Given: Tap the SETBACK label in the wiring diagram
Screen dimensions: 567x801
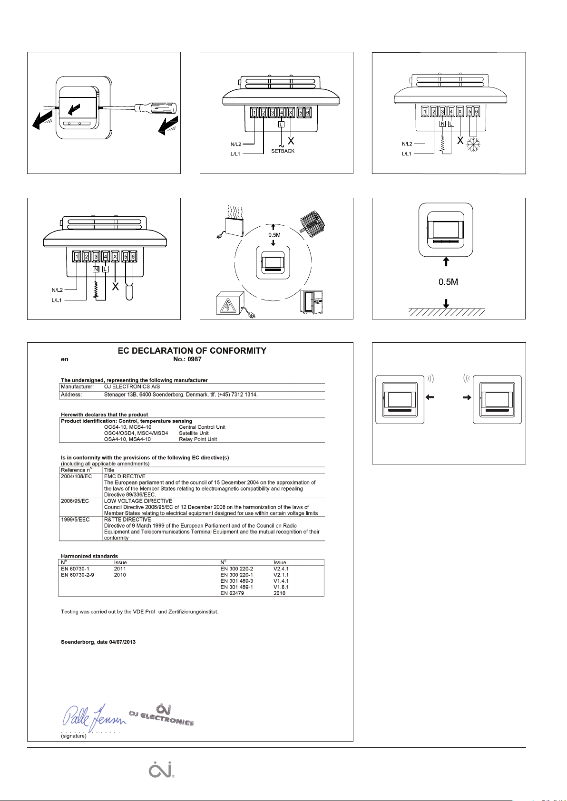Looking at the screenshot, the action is point(283,151).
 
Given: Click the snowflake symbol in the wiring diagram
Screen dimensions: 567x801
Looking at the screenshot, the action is point(473,145).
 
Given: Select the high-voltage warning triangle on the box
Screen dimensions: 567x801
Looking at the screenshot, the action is point(227,306).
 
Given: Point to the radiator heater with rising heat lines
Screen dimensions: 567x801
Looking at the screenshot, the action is point(233,222).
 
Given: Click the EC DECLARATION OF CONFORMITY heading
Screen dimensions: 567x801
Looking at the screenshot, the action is point(192,351).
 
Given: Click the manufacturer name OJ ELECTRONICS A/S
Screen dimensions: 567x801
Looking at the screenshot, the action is point(132,386).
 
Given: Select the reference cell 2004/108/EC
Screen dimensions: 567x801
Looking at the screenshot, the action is point(76,476).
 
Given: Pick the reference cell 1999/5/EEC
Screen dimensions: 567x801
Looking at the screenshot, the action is point(75,519).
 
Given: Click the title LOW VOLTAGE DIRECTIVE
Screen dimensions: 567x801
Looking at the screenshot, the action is point(138,501).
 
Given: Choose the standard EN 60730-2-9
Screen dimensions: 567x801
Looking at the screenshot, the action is point(77,575).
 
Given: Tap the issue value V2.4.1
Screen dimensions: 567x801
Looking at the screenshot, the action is point(281,569).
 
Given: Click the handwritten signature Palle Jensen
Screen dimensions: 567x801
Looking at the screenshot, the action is point(94,717).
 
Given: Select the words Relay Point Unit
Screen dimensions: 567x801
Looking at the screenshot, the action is point(198,439).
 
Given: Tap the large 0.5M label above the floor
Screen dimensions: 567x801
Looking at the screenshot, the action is point(448,282).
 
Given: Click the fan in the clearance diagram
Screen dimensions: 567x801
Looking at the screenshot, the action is point(312,224).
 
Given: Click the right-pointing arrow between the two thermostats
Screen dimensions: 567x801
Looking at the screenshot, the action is point(467,397).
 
